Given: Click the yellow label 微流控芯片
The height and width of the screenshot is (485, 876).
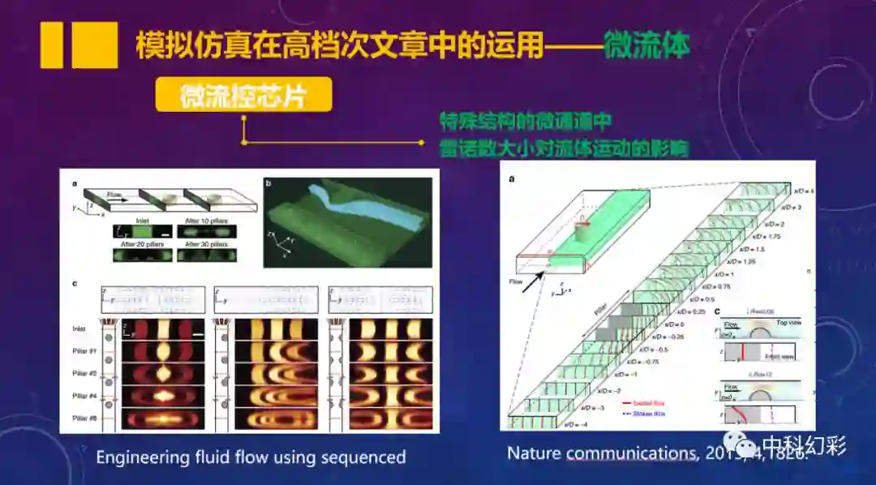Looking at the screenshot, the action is click(243, 95).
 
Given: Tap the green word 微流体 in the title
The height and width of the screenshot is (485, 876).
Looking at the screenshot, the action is click(646, 46).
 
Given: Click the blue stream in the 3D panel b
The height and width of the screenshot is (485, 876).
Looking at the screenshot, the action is click(357, 208).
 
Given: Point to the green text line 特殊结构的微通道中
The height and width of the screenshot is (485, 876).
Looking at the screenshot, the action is click(526, 121).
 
